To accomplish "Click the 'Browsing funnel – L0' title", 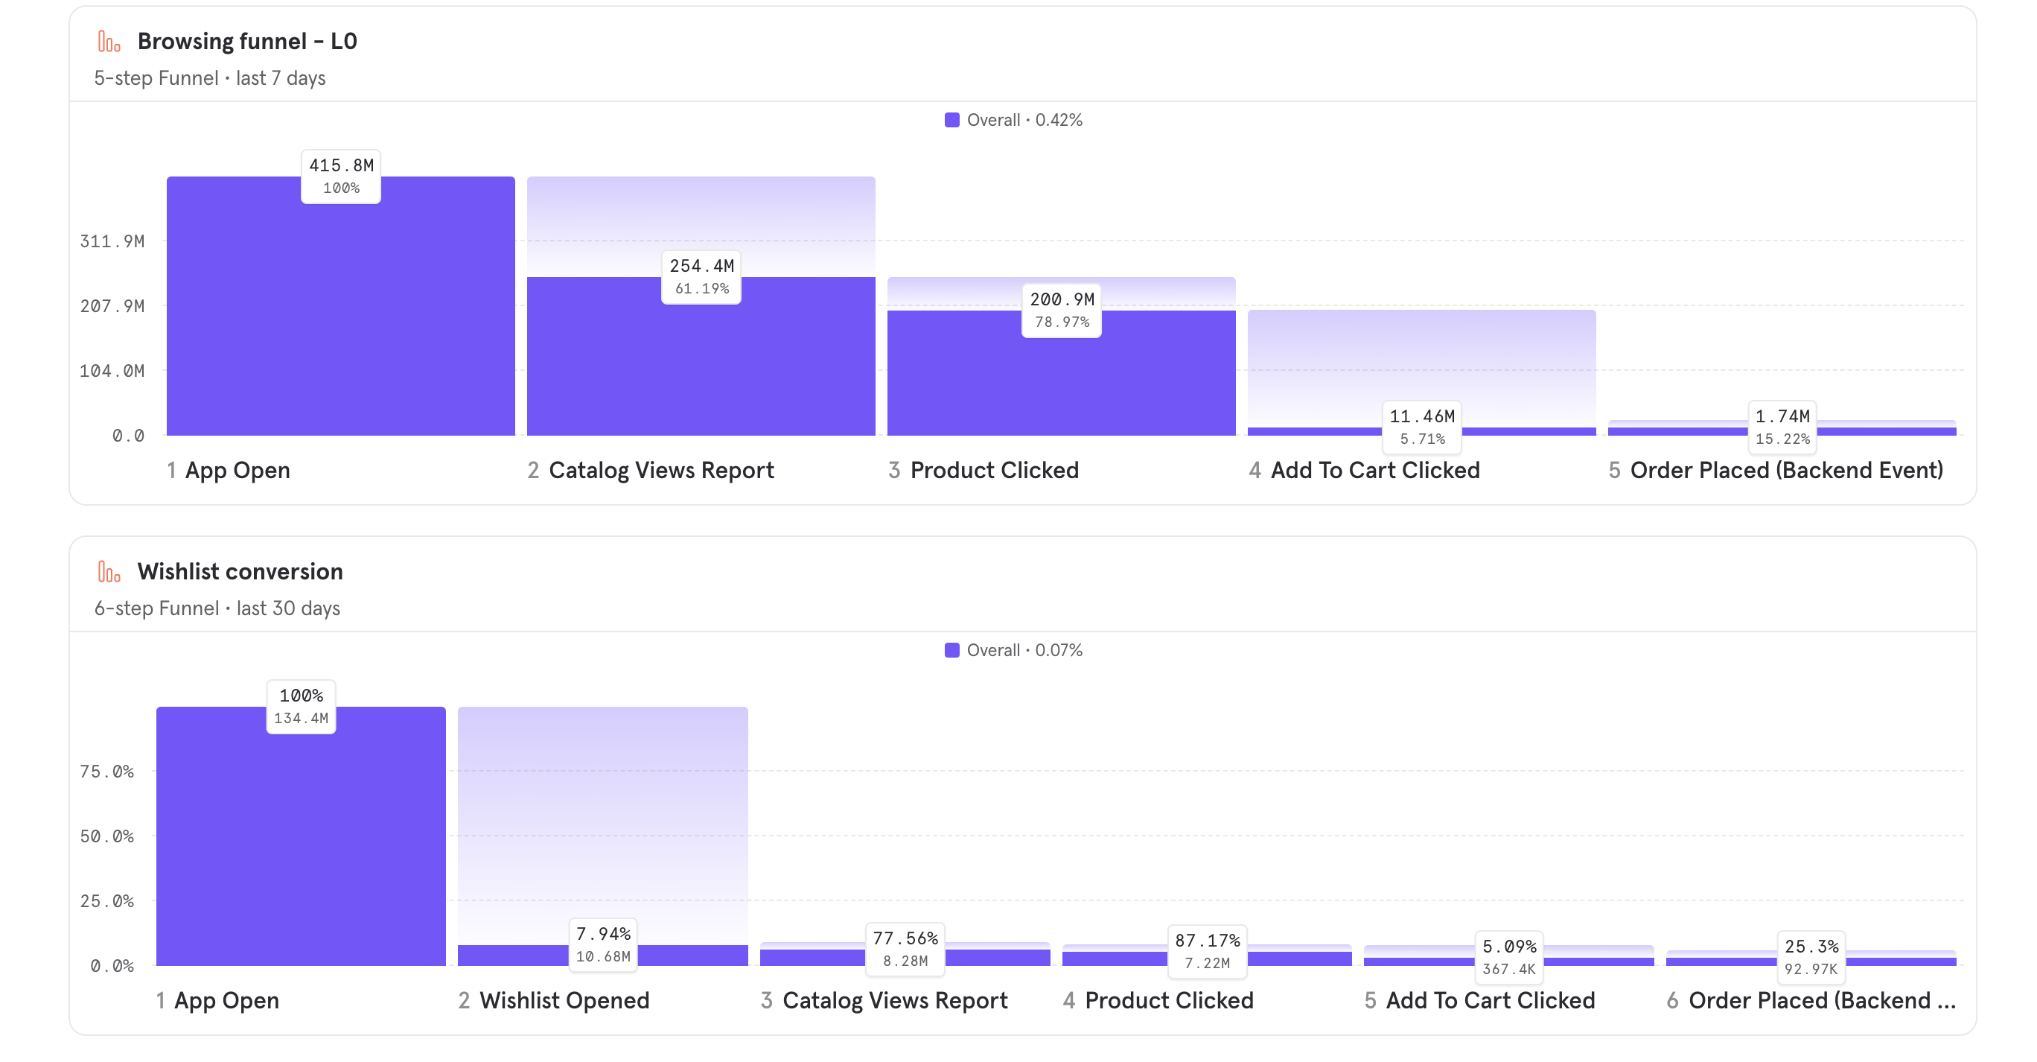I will tap(246, 41).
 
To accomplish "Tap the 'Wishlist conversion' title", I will tap(240, 571).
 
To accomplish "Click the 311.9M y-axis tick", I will tap(112, 241).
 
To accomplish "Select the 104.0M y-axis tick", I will tap(112, 370).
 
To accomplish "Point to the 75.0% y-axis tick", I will tap(106, 771).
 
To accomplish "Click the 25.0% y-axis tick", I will tap(106, 900).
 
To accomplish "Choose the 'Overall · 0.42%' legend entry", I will tap(1014, 120).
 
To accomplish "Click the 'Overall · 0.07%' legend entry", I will tap(1014, 650).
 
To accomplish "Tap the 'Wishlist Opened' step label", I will tap(564, 1000).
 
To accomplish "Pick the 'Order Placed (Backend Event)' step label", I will tap(1785, 471).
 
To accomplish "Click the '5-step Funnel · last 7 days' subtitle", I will tap(209, 78).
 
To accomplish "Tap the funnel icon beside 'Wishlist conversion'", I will tap(109, 571).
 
